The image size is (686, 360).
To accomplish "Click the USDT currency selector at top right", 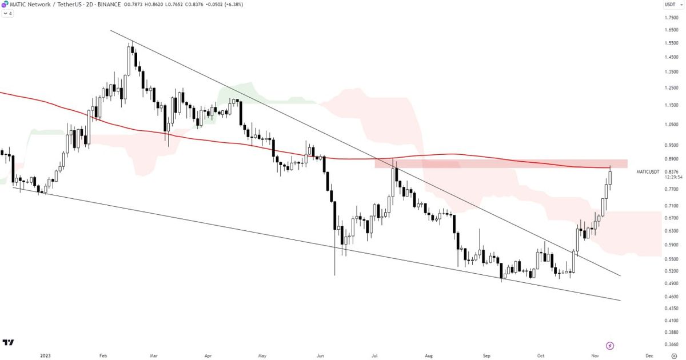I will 669,5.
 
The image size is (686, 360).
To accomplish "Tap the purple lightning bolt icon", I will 610,346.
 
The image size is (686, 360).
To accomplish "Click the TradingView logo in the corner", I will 8,343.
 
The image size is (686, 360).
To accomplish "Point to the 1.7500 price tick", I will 671,17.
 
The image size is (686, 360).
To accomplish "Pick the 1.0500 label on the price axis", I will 671,124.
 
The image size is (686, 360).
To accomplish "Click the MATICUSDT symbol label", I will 648,171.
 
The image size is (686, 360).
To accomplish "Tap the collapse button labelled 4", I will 7,13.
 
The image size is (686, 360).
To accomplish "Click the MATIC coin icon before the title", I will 5,5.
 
